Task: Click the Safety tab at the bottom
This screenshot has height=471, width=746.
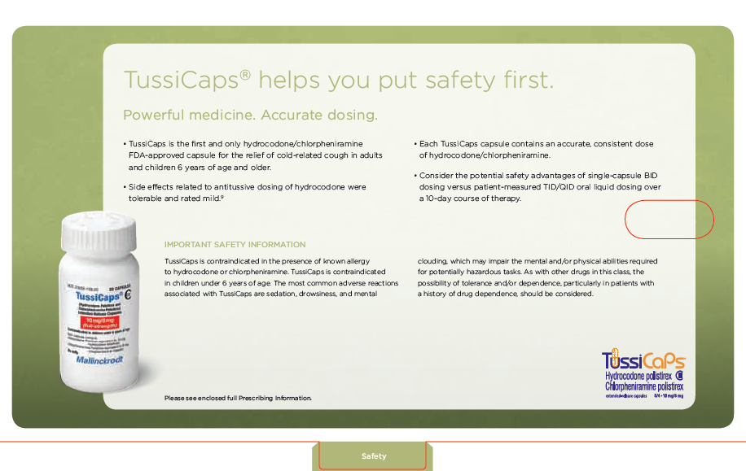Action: point(374,456)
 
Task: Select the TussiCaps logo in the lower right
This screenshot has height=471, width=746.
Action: point(643,360)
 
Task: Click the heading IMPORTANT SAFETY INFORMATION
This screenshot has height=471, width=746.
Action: point(235,244)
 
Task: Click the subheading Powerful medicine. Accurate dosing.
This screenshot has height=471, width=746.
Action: point(249,115)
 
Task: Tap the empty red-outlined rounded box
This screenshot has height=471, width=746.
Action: point(669,219)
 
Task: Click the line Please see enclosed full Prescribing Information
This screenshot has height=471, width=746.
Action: point(238,398)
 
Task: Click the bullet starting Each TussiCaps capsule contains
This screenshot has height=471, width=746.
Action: point(536,149)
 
